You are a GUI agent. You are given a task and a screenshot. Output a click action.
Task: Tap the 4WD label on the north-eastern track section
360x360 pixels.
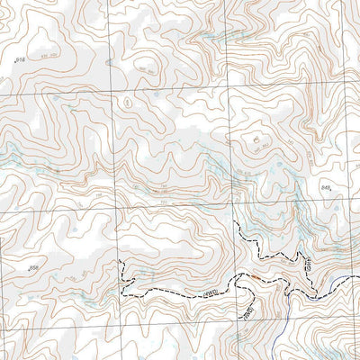tap(307, 263)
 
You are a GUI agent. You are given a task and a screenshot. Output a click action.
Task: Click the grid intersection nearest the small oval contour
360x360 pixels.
tap(113, 93)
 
